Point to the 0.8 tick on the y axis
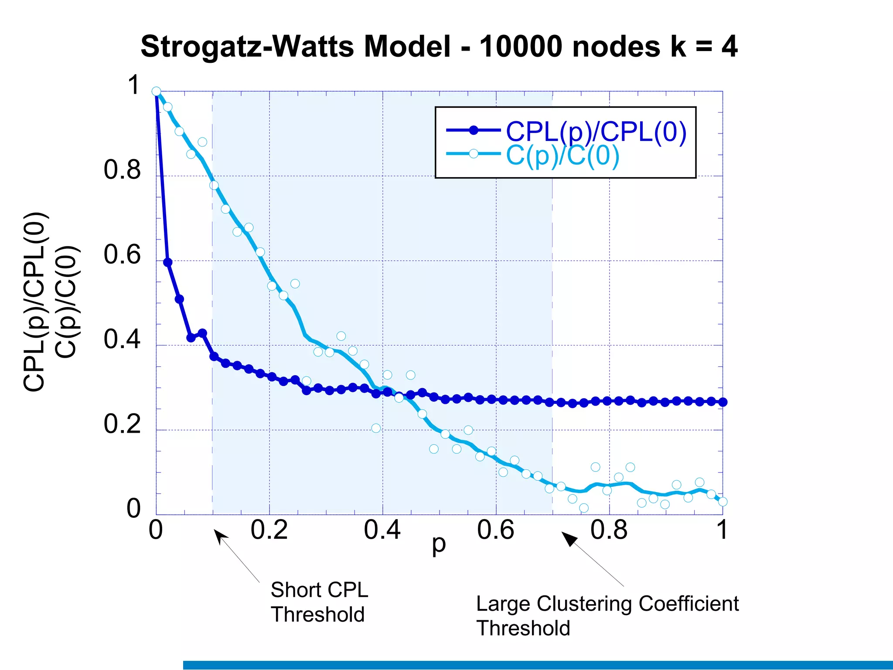coord(122,170)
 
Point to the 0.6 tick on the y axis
coord(122,255)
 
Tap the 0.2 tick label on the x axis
coord(269,530)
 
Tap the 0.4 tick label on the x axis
coord(382,530)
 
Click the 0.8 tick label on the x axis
coord(609,530)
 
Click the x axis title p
coord(439,545)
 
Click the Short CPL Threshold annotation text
coord(319,602)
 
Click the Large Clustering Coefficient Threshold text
coord(607,615)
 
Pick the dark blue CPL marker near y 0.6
coord(167,262)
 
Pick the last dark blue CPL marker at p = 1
coord(723,402)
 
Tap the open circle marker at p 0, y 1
coord(156,91)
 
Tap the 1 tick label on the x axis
coord(722,530)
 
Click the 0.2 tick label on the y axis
coord(122,424)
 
